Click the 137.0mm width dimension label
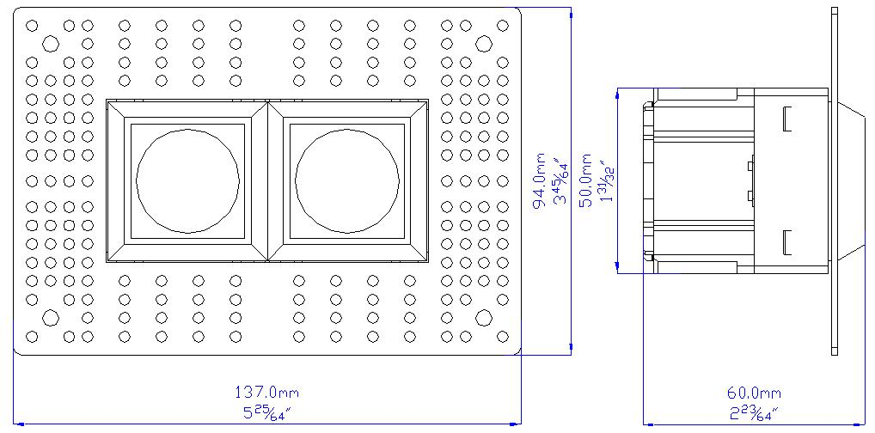pyautogui.click(x=266, y=393)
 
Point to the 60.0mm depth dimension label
pyautogui.click(x=754, y=393)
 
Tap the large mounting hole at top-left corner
pyautogui.click(x=51, y=43)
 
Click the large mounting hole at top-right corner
pyautogui.click(x=483, y=43)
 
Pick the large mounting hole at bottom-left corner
pyautogui.click(x=51, y=318)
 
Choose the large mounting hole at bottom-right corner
pyautogui.click(x=483, y=318)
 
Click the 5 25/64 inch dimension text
pyautogui.click(x=266, y=413)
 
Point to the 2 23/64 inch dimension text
pyautogui.click(x=754, y=413)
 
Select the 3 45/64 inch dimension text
pyautogui.click(x=560, y=182)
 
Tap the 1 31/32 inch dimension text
pyautogui.click(x=606, y=182)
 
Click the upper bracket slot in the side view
pyautogui.click(x=787, y=119)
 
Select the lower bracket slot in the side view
pyautogui.click(x=787, y=243)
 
